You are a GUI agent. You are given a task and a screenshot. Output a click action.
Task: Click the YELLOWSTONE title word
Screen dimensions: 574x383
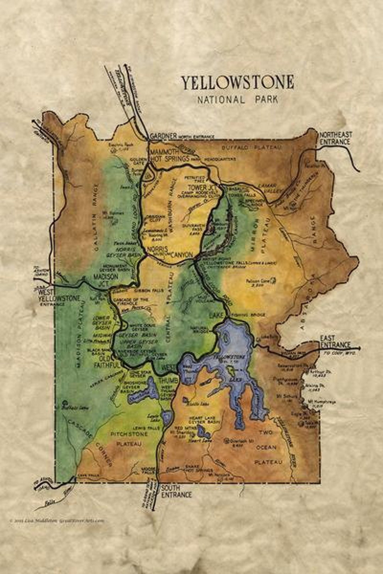pos(238,83)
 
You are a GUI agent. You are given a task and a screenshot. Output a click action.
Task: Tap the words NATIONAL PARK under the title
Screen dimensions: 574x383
pos(238,100)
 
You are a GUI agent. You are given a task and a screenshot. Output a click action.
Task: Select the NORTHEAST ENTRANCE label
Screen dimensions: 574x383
pos(335,138)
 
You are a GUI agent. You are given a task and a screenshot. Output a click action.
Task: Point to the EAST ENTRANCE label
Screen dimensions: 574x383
pos(335,342)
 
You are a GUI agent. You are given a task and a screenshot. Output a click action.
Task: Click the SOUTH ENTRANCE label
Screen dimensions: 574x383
pos(176,491)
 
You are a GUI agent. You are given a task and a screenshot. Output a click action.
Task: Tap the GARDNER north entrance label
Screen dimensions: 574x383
pos(163,136)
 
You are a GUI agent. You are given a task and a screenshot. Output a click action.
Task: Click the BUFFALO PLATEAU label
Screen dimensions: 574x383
pos(251,147)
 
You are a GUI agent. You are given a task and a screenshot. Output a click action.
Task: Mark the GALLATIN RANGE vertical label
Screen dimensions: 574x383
pos(95,217)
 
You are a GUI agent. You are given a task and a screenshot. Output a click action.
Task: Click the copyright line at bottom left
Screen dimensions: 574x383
pos(57,520)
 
